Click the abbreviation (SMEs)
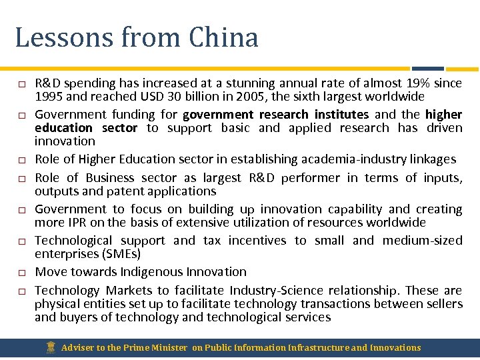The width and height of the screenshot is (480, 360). pos(122,254)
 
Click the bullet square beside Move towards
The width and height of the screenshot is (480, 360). pos(21,273)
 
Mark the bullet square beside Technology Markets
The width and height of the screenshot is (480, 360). pos(21,291)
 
